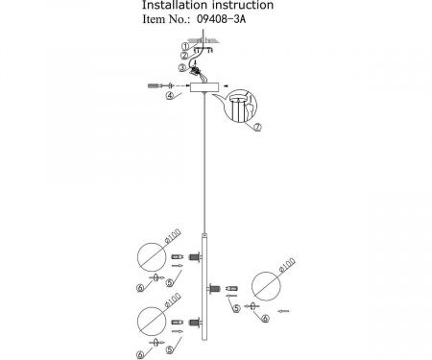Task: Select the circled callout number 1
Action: point(186,44)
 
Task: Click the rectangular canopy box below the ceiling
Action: point(203,86)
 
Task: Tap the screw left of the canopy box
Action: point(154,86)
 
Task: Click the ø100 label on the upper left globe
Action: point(171,236)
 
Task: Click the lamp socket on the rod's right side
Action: point(228,286)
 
